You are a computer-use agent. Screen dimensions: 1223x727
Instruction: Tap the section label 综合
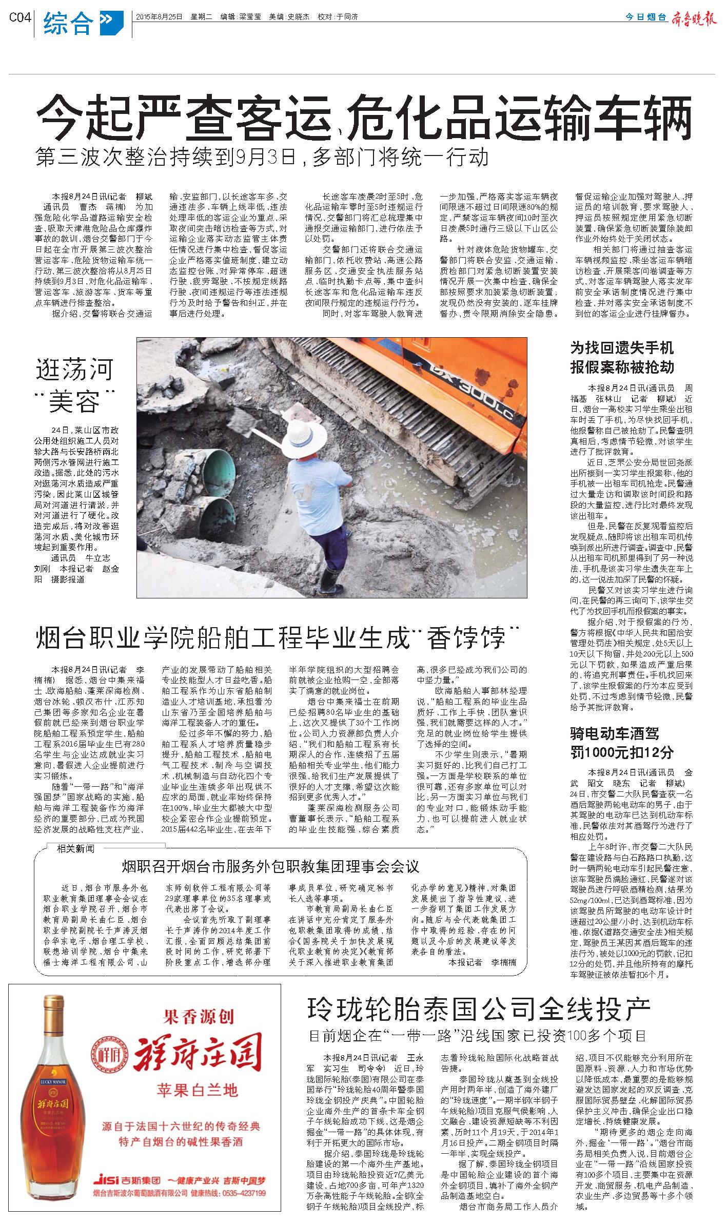[x=68, y=23]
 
